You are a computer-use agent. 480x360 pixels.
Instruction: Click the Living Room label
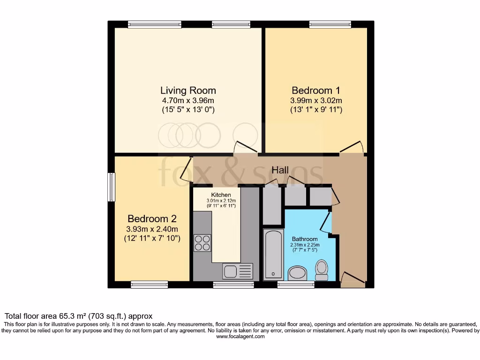coord(188,90)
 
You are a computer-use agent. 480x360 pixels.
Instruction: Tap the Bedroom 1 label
coord(316,90)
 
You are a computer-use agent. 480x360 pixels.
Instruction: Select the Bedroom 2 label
coord(152,219)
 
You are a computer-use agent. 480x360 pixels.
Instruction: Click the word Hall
coord(280,170)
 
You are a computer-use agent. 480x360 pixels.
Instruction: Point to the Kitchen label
coord(221,195)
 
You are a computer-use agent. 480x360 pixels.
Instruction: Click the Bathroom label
coord(305,239)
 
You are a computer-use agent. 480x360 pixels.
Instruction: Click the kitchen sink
coord(238,271)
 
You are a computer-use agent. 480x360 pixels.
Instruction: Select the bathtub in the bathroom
coord(273,255)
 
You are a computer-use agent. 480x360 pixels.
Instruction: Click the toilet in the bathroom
coord(322,270)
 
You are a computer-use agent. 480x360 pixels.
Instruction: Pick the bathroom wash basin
coord(296,272)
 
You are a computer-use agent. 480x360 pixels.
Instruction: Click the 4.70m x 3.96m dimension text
coord(188,100)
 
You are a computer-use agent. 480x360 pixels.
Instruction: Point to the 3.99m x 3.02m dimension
coord(316,100)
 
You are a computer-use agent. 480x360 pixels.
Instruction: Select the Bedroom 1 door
coord(352,147)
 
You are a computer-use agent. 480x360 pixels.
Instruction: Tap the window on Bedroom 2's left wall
coord(112,187)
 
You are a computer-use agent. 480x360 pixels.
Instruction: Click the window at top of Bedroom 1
coord(330,24)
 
